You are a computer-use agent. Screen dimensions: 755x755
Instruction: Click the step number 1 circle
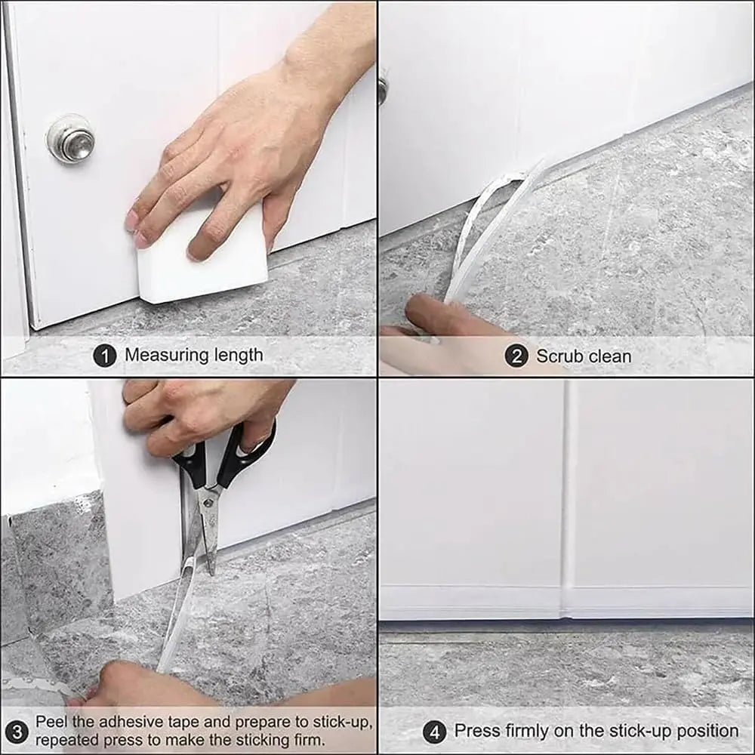(104, 356)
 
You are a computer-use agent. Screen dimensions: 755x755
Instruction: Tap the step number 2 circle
(516, 356)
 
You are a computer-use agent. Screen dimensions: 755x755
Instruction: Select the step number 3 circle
(17, 732)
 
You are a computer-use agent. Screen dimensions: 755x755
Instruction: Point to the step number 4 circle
(434, 732)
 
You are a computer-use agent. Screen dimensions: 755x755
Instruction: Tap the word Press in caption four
(477, 731)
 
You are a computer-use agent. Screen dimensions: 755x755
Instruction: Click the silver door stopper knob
(71, 139)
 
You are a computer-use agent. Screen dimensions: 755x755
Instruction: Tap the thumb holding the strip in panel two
(438, 311)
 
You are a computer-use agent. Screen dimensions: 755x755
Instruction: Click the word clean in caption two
(609, 356)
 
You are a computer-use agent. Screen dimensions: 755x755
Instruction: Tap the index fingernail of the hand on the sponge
(133, 220)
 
